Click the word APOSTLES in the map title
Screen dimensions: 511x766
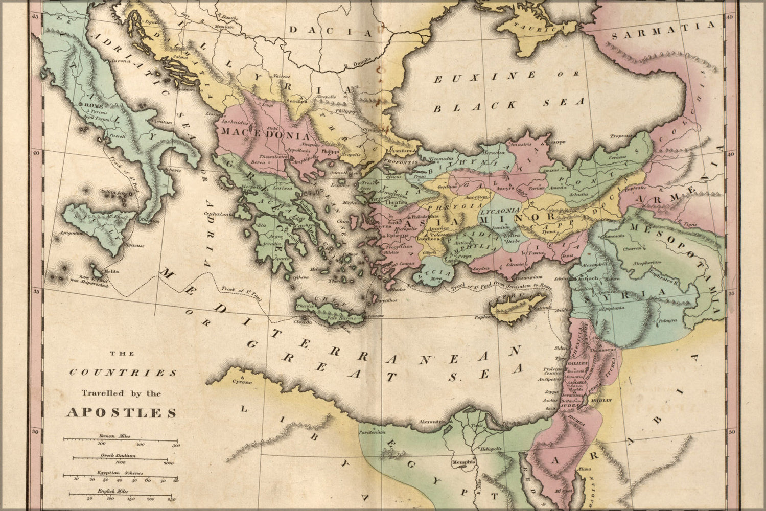click(122, 413)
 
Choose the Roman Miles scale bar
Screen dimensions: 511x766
click(121, 439)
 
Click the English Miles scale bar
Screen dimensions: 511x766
click(121, 494)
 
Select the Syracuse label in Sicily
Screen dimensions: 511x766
click(135, 246)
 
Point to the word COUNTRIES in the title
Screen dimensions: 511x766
click(123, 373)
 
